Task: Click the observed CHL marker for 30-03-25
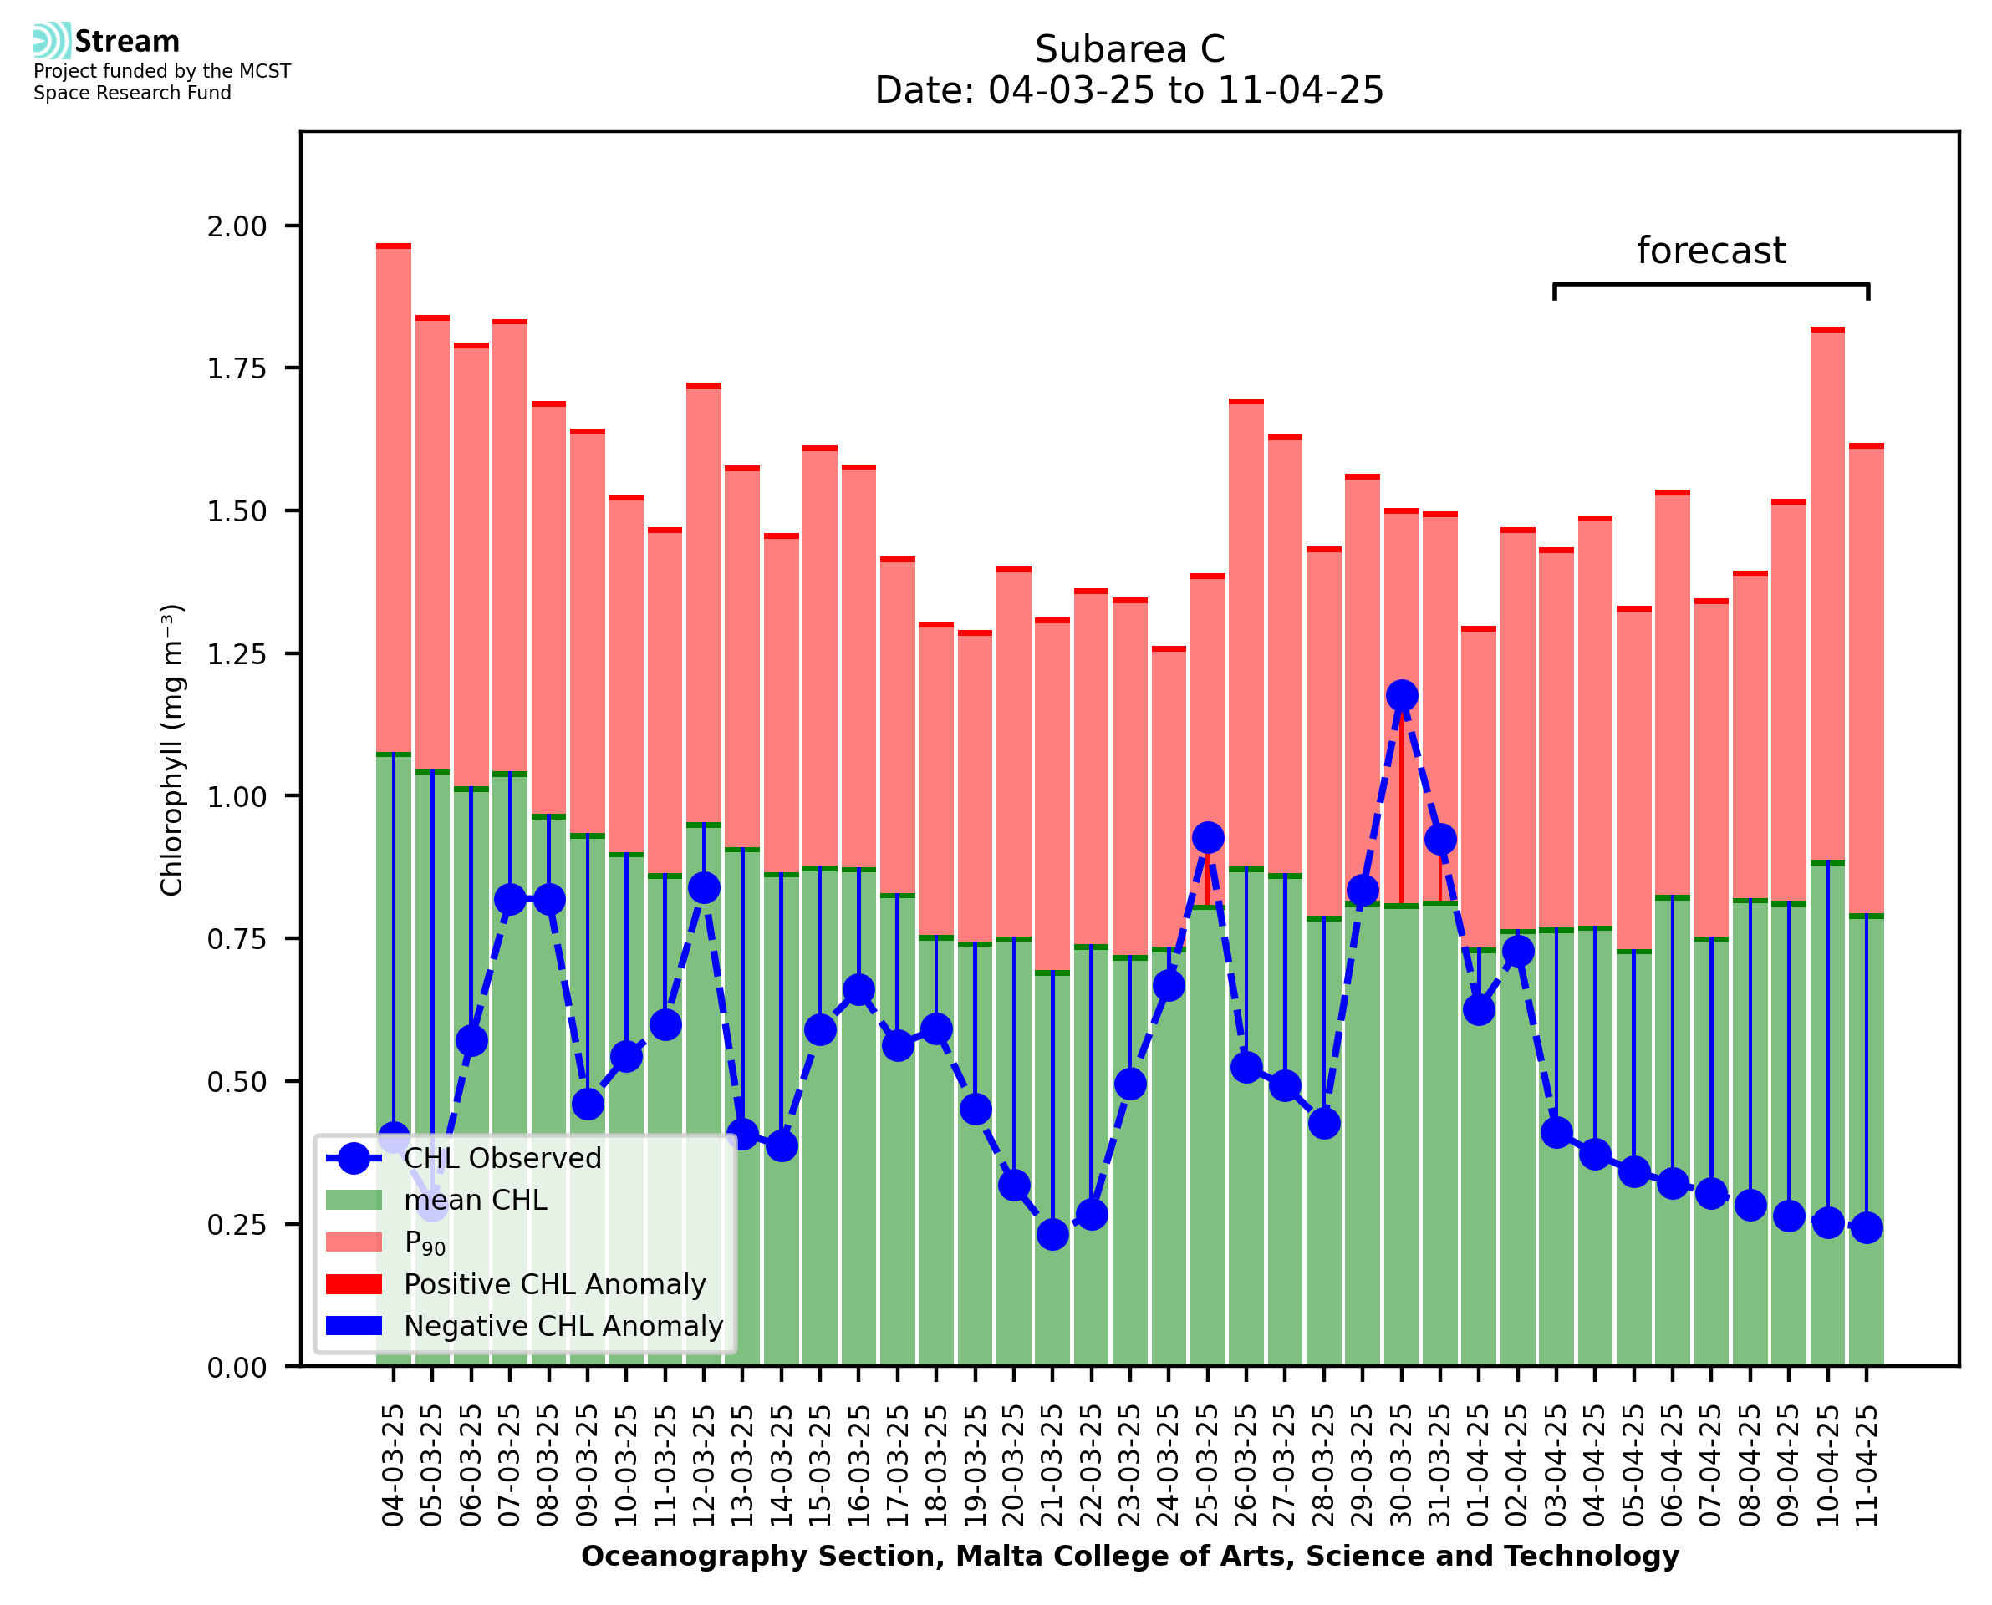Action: tap(1401, 695)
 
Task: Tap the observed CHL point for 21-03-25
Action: tap(1052, 1234)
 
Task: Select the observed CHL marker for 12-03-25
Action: tap(704, 888)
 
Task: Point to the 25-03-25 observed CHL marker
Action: tap(1208, 838)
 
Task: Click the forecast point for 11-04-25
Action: tap(1867, 1228)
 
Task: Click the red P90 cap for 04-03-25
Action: tap(394, 246)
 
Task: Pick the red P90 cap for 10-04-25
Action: tap(1827, 329)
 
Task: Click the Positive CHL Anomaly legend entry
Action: tap(554, 1284)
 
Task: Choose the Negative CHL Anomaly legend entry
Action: tap(563, 1326)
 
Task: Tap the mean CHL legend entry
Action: tap(476, 1200)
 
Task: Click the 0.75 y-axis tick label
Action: tap(237, 939)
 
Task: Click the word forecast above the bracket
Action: tap(1711, 251)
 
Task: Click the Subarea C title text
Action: tap(1129, 49)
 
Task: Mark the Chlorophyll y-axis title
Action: tap(172, 749)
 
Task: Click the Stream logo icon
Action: tap(52, 41)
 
